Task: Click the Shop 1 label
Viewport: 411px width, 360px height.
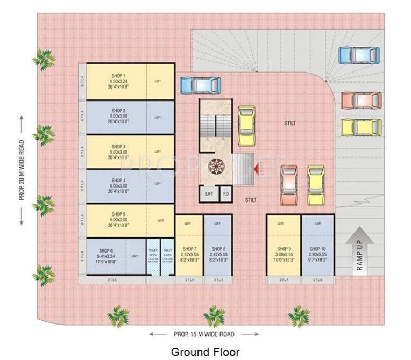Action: (x=118, y=76)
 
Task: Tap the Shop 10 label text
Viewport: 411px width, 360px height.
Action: (x=317, y=249)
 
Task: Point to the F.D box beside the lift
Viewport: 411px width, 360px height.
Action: (x=226, y=193)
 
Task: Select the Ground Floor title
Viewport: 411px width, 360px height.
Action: (x=205, y=352)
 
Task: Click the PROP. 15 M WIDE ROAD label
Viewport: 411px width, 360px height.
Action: (x=204, y=334)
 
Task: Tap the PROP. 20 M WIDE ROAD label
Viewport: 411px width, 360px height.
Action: (x=22, y=170)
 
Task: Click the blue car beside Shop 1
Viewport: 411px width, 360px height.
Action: (x=199, y=85)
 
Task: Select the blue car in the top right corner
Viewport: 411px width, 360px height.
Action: (x=359, y=54)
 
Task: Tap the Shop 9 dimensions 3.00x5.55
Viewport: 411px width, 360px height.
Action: (x=284, y=254)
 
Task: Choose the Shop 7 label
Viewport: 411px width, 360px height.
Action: (x=189, y=249)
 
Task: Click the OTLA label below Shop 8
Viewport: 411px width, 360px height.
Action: (x=218, y=280)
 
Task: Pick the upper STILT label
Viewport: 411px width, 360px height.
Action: (x=290, y=123)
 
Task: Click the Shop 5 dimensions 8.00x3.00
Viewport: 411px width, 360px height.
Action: (x=118, y=219)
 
